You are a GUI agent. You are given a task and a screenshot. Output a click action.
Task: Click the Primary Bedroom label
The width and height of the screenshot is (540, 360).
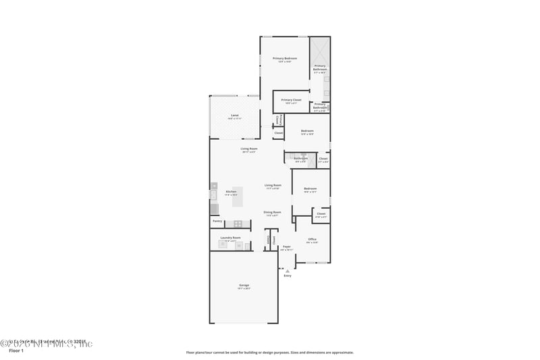tap(284, 59)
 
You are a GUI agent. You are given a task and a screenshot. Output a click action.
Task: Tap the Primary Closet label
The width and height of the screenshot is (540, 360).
tap(292, 100)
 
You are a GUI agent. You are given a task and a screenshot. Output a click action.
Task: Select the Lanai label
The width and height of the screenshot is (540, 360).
tap(234, 115)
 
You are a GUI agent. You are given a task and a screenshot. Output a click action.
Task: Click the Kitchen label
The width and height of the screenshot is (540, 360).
tap(231, 192)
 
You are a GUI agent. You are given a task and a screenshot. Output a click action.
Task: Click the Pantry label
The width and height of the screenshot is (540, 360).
tap(217, 221)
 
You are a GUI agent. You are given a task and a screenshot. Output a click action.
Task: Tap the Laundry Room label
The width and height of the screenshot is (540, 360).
tap(230, 238)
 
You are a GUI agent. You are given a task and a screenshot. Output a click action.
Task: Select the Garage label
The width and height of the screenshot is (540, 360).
tap(244, 286)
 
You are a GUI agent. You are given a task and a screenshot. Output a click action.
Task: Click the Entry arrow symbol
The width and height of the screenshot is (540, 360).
tap(288, 271)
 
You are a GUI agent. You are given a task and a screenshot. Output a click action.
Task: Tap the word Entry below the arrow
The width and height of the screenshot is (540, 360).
tap(288, 276)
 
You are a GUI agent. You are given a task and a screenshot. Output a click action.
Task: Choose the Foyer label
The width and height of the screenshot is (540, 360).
tap(287, 247)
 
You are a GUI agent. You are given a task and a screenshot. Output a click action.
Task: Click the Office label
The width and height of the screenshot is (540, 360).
tap(312, 239)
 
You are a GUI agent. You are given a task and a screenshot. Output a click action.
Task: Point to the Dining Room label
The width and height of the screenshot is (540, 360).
tap(272, 212)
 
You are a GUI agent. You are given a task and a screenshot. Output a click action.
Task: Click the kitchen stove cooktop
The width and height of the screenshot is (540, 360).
tap(238, 224)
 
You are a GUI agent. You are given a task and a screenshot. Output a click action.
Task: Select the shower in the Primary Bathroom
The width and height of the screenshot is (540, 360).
tap(320, 50)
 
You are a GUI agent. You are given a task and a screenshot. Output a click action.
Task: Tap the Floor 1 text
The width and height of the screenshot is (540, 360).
tap(16, 351)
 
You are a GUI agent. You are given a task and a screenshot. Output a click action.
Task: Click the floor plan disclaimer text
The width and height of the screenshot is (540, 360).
tap(269, 352)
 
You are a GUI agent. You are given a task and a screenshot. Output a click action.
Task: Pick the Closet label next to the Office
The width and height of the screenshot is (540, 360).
tap(321, 214)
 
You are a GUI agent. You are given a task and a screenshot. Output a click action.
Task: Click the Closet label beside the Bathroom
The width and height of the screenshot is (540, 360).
tap(323, 159)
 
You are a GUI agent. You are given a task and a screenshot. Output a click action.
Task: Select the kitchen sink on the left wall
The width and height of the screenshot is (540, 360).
tap(213, 195)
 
